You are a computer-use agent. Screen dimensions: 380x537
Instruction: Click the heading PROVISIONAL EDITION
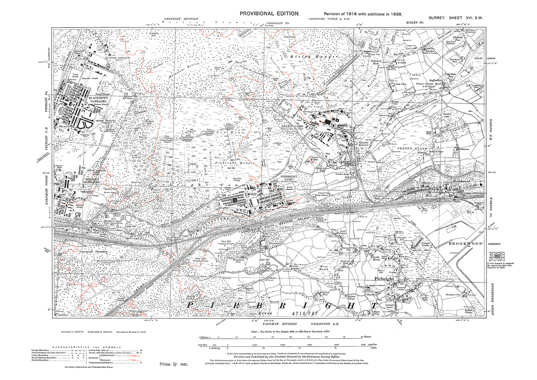(x=269, y=13)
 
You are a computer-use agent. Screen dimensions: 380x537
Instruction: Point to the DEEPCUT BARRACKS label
(x=91, y=181)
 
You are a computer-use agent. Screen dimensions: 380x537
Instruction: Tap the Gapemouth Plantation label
(x=93, y=252)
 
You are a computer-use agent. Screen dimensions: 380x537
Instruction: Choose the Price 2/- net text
(x=174, y=364)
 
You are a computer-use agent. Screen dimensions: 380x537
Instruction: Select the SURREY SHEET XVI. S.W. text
(x=455, y=18)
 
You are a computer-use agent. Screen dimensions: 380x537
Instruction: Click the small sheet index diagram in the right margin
(x=496, y=257)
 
